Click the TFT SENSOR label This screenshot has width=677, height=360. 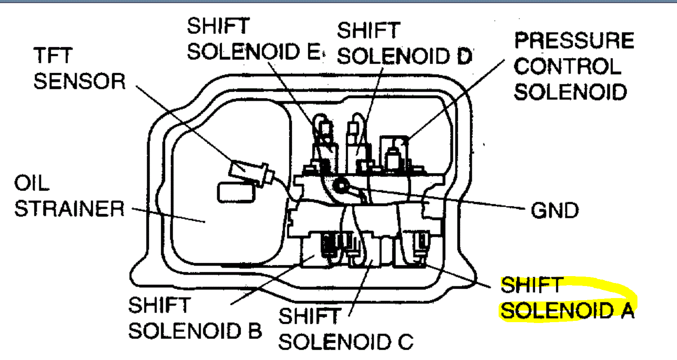[x=80, y=69]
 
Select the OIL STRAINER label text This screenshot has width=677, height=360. [x=69, y=196]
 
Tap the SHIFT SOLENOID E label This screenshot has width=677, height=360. [x=254, y=40]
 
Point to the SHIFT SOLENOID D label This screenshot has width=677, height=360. [x=404, y=44]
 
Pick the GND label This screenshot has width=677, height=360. [x=554, y=211]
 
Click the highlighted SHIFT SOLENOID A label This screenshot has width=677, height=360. [x=567, y=298]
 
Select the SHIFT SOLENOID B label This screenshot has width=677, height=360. [x=195, y=318]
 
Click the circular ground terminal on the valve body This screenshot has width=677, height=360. [x=342, y=186]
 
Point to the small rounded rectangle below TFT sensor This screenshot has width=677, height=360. [x=236, y=193]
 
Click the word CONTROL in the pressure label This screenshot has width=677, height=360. [x=567, y=66]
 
